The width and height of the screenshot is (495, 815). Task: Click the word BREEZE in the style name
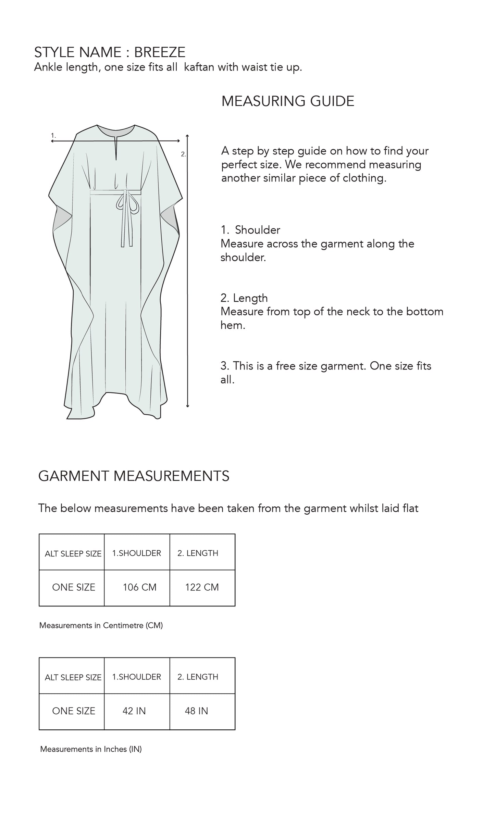tap(160, 52)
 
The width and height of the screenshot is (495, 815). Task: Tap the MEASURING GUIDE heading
tap(288, 101)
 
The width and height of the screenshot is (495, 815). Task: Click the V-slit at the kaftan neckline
tap(116, 148)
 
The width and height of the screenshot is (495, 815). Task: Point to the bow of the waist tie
tap(126, 203)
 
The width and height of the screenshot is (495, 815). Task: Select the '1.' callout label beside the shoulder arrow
tap(53, 136)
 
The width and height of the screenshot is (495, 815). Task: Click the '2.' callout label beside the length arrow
tap(183, 154)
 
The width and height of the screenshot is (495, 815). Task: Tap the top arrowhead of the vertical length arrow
tap(187, 136)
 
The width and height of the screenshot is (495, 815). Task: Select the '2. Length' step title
tap(244, 298)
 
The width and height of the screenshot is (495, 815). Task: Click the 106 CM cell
tap(139, 587)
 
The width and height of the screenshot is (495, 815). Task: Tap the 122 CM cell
tap(202, 587)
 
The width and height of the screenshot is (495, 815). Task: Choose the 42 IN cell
tap(134, 711)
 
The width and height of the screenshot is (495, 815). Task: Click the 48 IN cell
tap(196, 711)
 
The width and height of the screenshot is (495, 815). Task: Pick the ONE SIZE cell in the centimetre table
tap(73, 587)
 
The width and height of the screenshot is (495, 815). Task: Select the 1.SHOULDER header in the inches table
tap(137, 677)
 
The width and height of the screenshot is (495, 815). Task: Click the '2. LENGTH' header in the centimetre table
tap(198, 553)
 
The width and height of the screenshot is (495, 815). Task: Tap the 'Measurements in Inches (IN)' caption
tap(91, 749)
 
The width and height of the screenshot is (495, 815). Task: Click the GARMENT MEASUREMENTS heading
tap(134, 476)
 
